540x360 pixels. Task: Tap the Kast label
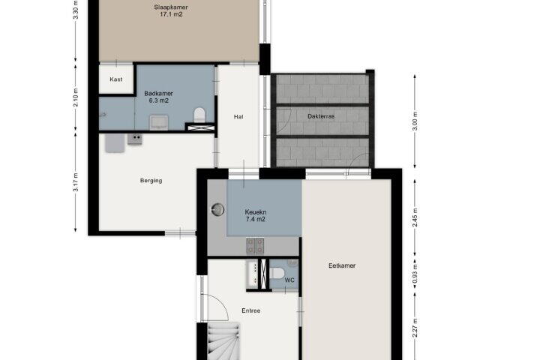pos(116,79)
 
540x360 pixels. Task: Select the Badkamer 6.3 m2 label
pos(158,97)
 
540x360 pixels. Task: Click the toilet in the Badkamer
pos(199,115)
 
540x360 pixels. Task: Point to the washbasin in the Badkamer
pos(159,123)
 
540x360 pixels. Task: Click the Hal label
pos(238,117)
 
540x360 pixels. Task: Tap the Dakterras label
pos(321,116)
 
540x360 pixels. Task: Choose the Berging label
pos(151,181)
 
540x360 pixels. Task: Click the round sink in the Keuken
pos(217,209)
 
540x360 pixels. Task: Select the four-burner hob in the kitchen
pos(255,246)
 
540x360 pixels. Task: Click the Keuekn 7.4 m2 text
pos(256,216)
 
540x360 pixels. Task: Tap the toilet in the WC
pos(277,274)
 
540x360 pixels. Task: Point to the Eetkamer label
pos(342,265)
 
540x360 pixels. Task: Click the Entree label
pos(251,310)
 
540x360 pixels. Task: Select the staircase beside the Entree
pos(223,341)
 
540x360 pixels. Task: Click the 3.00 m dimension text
pos(415,121)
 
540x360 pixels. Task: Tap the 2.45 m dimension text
pos(415,217)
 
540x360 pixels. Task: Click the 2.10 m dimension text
pos(76,97)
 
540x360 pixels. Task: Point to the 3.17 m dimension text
pos(76,182)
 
